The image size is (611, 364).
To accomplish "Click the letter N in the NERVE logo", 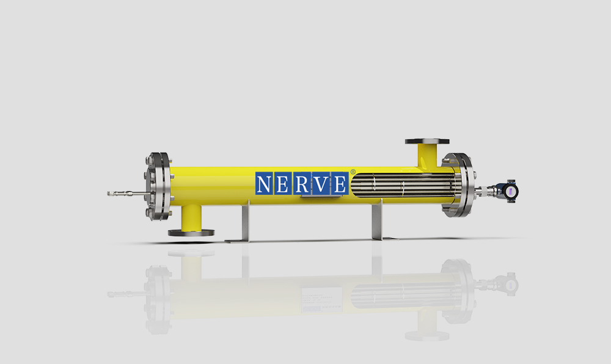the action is pos(263,184).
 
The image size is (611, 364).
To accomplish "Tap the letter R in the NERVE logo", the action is pos(302,184).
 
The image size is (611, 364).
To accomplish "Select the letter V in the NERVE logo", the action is pos(321,184).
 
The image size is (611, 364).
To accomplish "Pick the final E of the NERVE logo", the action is pos(339,184).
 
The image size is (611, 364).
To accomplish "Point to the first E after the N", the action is pos(282,184).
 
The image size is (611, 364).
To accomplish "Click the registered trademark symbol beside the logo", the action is pos(353,172).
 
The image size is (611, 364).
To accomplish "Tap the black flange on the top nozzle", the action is pos(427,141).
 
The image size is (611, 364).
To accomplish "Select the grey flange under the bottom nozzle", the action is pos(191,233).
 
